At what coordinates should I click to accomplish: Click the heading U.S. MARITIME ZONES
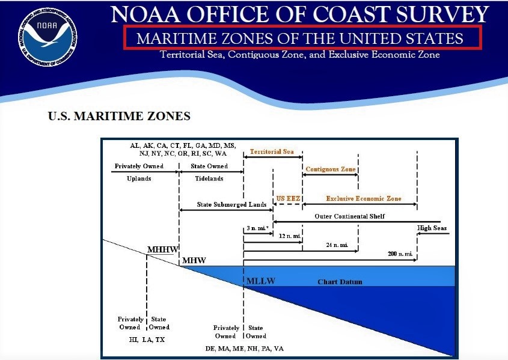pos(119,116)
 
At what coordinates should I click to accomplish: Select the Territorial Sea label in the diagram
pos(272,151)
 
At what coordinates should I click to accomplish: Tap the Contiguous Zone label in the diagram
pos(330,169)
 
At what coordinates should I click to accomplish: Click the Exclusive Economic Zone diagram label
pos(363,198)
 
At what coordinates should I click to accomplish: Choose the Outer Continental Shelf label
pos(349,216)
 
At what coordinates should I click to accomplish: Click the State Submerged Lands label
pos(231,205)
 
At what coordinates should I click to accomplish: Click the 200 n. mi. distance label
pos(400,254)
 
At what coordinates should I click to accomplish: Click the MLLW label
pos(260,281)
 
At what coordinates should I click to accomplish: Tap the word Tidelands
pos(209,178)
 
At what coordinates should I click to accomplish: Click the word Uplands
pos(139,178)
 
